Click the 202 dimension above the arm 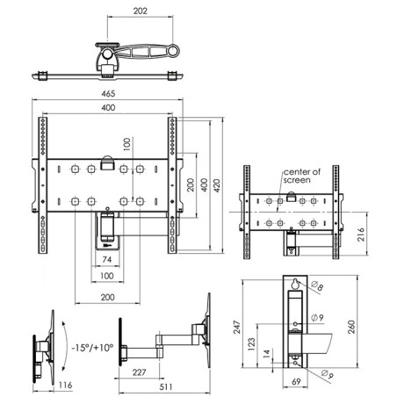141,11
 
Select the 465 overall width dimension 108,94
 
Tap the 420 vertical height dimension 216,185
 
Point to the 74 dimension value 107,259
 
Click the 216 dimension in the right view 361,235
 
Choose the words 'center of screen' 301,176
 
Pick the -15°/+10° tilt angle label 92,348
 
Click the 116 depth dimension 65,385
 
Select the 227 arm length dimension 139,372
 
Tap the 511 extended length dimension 166,386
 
